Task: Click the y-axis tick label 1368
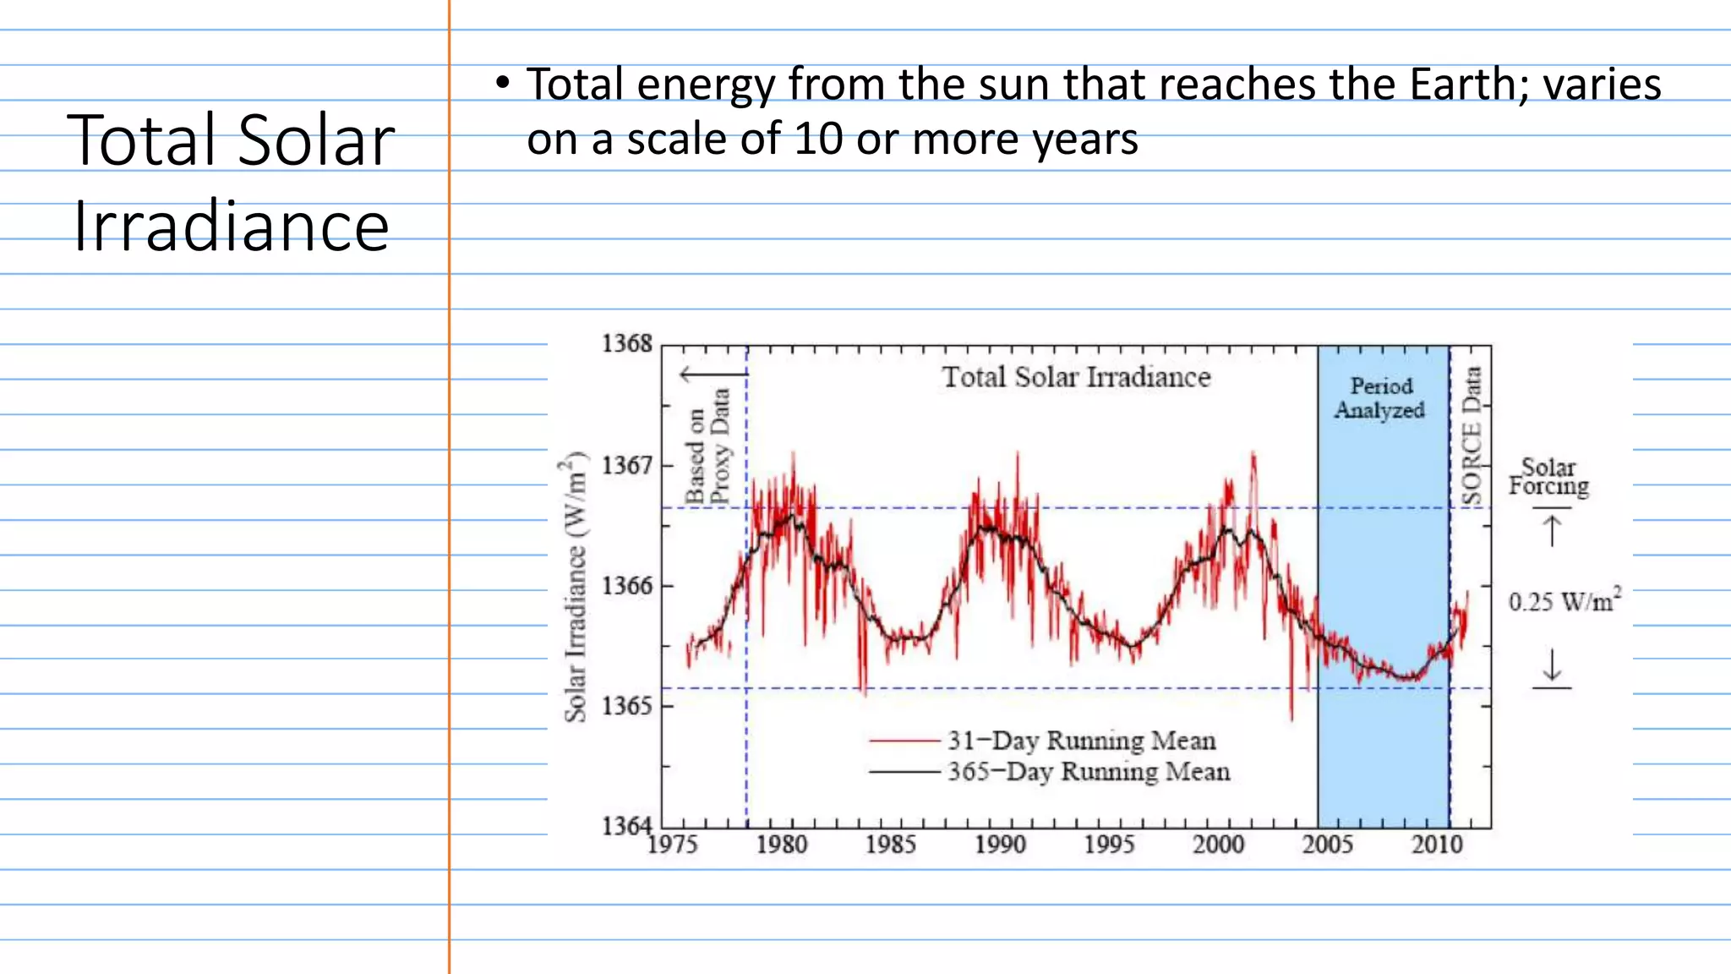(626, 343)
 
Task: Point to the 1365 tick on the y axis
(626, 705)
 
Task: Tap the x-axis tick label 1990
(1000, 844)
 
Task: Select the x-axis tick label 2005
(1327, 844)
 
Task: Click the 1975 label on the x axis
(673, 844)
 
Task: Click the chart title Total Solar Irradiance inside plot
(1076, 377)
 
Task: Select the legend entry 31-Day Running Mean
(1080, 741)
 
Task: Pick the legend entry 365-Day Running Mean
(1088, 772)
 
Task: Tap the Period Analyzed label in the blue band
(1380, 398)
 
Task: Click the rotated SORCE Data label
(1472, 436)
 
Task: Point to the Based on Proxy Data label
(707, 446)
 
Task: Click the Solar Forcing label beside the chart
(1548, 477)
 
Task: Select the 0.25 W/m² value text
(1564, 601)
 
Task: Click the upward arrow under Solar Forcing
(1552, 531)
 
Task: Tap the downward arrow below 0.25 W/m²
(1552, 665)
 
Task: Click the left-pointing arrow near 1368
(712, 374)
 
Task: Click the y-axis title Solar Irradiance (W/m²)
(575, 587)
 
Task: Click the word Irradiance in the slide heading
(231, 227)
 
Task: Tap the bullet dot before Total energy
(503, 83)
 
